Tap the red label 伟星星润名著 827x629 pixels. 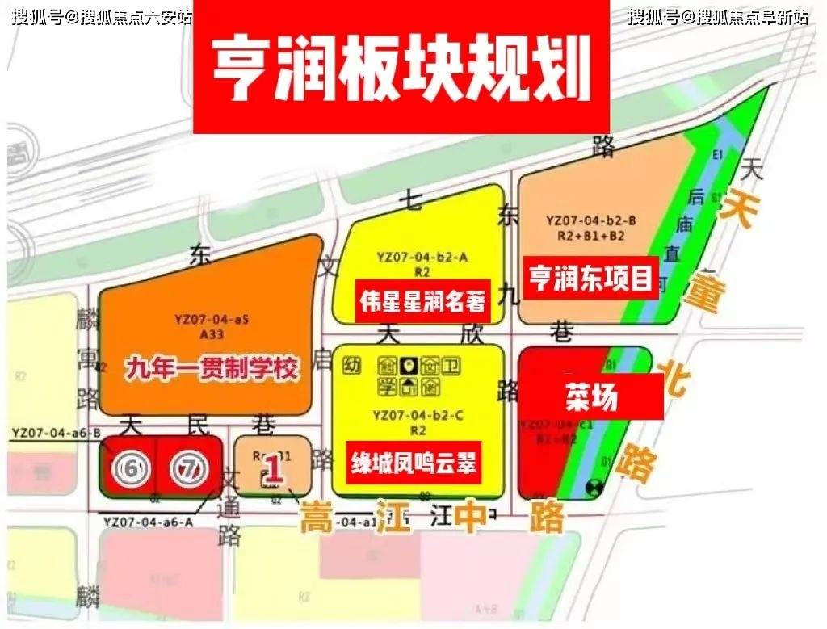click(x=422, y=301)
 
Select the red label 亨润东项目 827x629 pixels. click(x=591, y=279)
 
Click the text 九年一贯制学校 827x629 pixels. click(x=212, y=369)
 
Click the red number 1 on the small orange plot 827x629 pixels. click(x=275, y=471)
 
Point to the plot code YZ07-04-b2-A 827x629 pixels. click(x=422, y=257)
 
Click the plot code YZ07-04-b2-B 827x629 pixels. click(x=591, y=220)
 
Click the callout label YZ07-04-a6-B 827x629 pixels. click(x=57, y=434)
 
